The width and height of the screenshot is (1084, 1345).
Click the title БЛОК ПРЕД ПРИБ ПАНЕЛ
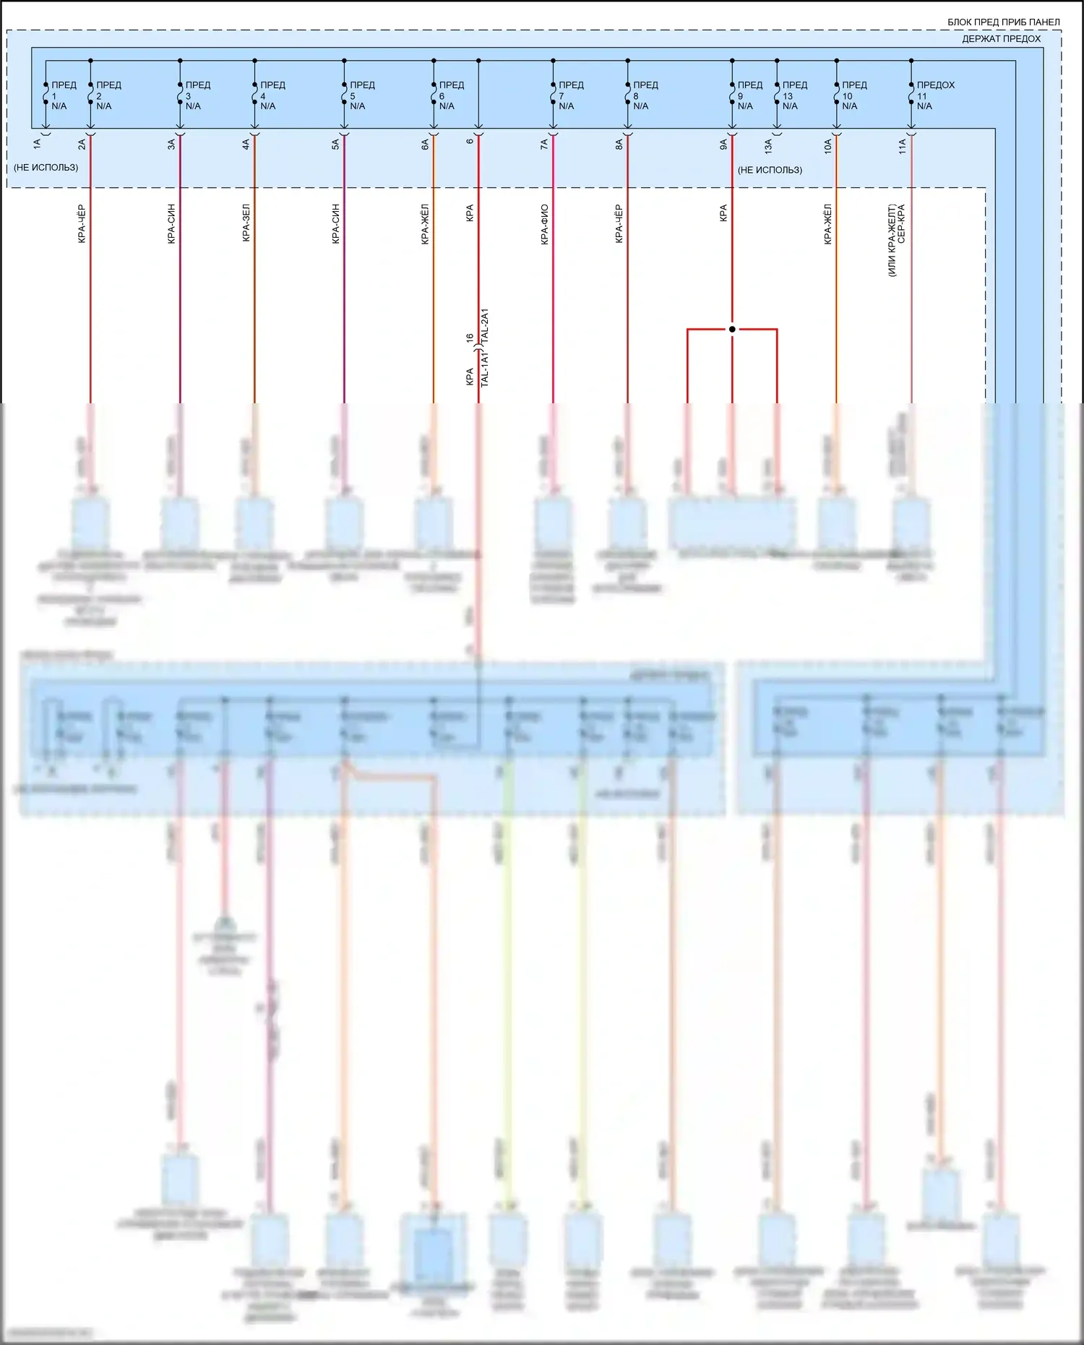tap(1003, 22)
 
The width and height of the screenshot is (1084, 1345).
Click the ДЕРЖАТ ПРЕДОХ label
tap(1001, 39)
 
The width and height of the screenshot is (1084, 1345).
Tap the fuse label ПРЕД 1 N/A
tap(61, 95)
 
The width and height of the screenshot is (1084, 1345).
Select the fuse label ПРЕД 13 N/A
tap(793, 95)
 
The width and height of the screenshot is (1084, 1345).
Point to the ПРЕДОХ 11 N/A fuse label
tap(934, 95)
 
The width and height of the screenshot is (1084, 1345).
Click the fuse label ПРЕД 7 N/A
tap(569, 95)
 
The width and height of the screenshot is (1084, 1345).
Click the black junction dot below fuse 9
tap(732, 329)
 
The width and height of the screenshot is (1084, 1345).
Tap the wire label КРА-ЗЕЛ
tap(246, 223)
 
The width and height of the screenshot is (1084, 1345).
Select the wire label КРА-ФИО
tap(544, 225)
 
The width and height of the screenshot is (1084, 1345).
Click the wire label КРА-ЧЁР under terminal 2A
tap(82, 224)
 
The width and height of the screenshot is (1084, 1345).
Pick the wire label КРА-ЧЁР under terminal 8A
tap(619, 224)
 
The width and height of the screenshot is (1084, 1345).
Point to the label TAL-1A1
tap(485, 369)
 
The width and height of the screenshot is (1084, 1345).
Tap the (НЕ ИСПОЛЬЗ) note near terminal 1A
tap(46, 168)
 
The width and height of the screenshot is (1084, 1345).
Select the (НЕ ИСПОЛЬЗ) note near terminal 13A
tap(770, 170)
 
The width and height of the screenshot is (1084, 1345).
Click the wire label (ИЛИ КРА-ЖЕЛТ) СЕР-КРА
tap(896, 240)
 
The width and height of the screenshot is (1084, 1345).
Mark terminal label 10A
tap(828, 146)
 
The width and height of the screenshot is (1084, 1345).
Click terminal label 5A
tap(336, 145)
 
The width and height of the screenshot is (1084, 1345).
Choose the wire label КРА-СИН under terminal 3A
tap(171, 224)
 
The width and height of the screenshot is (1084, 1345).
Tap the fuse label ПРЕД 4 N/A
tap(271, 95)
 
